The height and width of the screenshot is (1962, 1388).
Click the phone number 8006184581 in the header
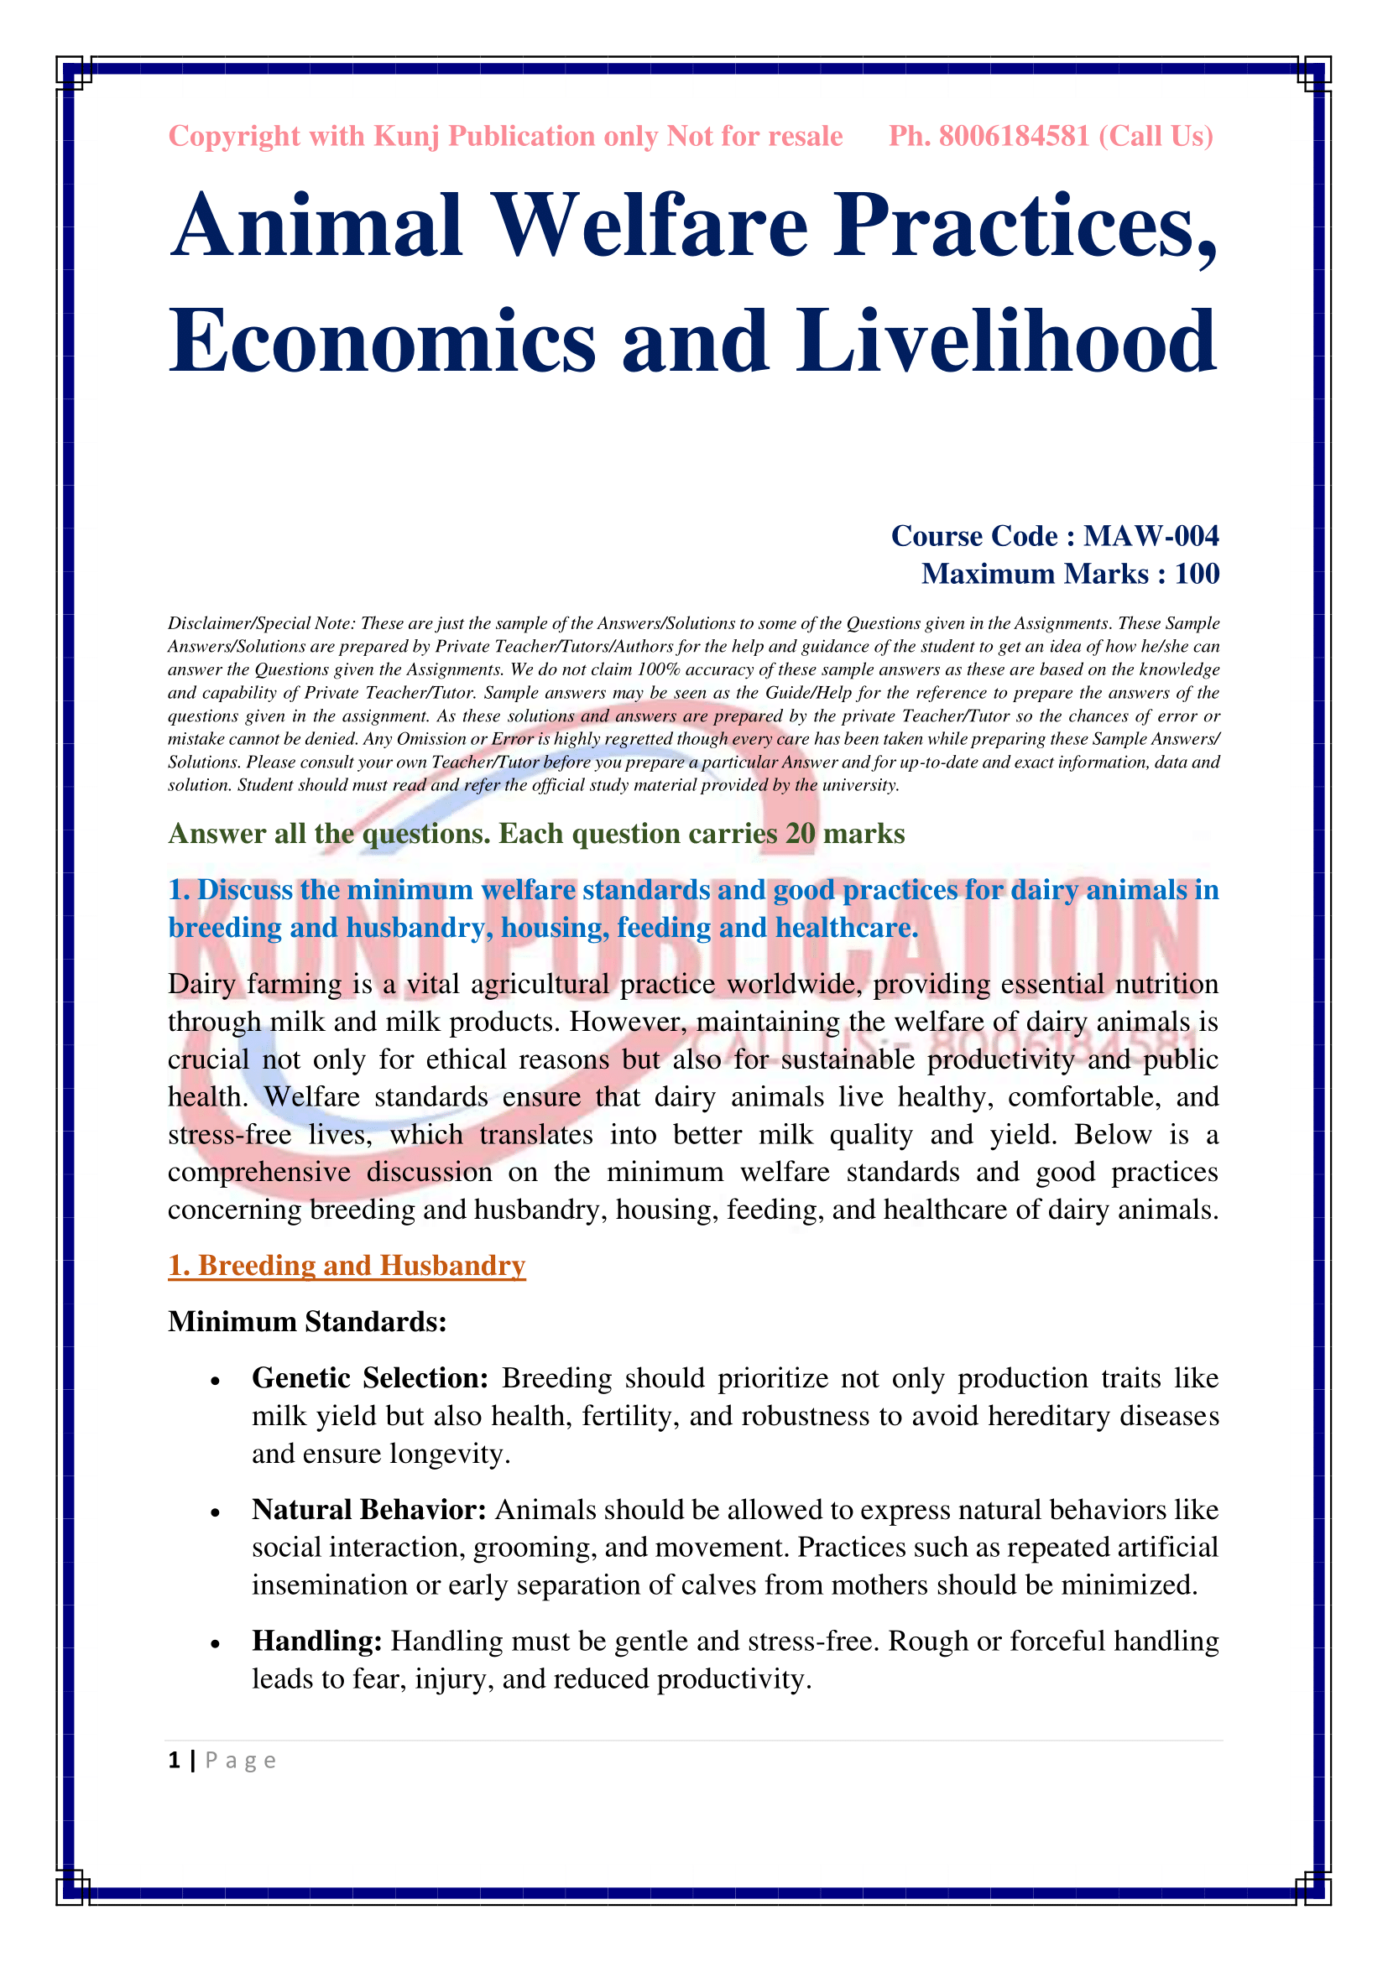tap(1014, 137)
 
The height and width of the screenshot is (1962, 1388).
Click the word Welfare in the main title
tap(650, 226)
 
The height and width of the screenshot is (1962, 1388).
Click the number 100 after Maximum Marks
tap(1197, 574)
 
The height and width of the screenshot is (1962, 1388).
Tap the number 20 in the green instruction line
tap(800, 833)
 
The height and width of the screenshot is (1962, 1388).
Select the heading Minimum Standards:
tap(308, 1322)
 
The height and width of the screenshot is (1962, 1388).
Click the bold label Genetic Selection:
tap(370, 1378)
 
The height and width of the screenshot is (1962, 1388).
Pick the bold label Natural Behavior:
tap(369, 1510)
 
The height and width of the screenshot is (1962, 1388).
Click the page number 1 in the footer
tap(175, 1761)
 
